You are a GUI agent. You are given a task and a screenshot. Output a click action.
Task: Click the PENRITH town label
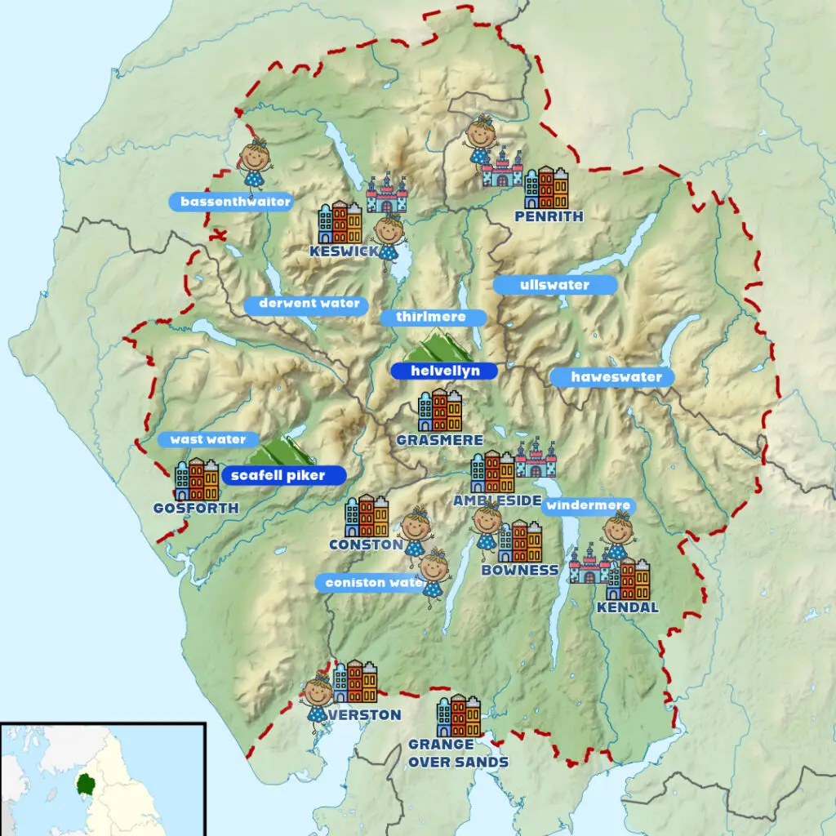(549, 216)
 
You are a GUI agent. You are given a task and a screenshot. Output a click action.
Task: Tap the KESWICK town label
(344, 251)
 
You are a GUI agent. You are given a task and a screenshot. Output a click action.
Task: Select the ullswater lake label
(554, 285)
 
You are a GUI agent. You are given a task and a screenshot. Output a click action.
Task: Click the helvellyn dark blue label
(443, 371)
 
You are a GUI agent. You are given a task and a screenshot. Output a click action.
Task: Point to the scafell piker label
(283, 475)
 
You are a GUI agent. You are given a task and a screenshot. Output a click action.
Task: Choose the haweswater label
(611, 377)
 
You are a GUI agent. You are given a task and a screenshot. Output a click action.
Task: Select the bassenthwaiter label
(230, 202)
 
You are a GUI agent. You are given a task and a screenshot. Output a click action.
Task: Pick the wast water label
(208, 439)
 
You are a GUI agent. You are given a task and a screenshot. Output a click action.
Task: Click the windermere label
(588, 506)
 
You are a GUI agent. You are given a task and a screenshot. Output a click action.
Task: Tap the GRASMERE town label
(439, 440)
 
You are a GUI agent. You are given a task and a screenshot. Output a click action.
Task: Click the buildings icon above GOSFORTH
(197, 479)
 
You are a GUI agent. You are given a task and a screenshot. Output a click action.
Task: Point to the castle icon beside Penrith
(502, 168)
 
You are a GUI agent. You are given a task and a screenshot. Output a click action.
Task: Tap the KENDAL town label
(627, 607)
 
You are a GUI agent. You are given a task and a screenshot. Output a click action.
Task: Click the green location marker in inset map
(84, 785)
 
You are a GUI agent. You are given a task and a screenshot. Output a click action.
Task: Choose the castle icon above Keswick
(386, 194)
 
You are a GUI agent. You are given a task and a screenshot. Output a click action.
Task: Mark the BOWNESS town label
(520, 570)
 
